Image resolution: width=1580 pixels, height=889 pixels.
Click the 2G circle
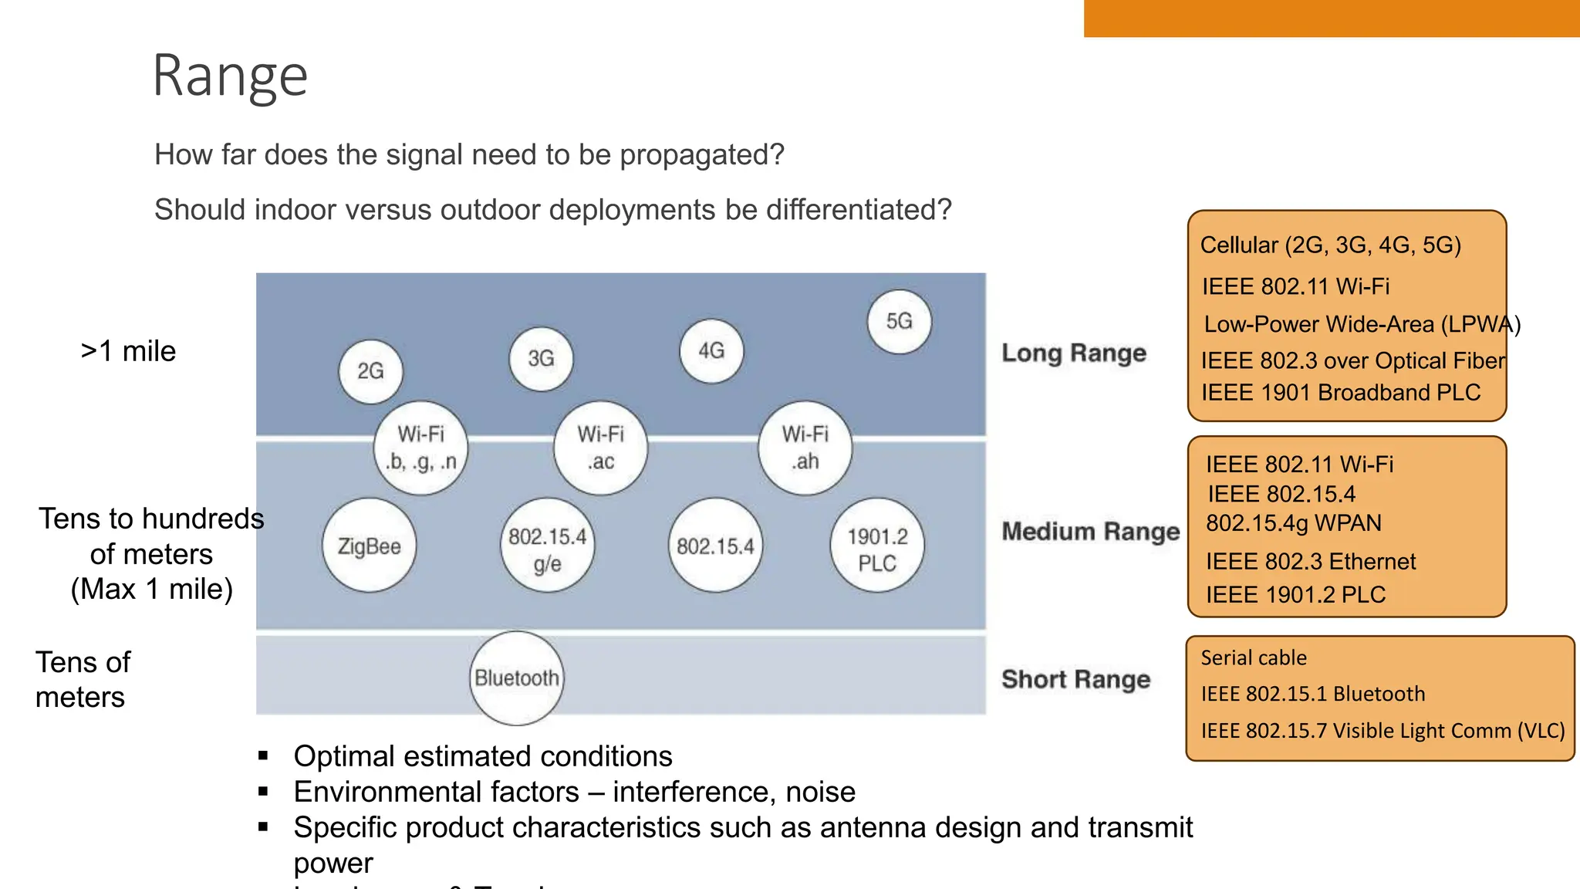pos(371,371)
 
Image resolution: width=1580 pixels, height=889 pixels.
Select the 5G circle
pos(899,321)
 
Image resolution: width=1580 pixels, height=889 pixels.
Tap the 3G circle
pos(541,358)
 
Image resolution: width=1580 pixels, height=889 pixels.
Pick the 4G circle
pos(711,351)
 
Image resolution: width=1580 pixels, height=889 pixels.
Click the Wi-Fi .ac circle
pos(600,448)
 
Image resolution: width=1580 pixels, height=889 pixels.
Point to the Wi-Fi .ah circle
pos(805,448)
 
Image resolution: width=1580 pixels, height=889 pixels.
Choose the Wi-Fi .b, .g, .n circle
pos(420,448)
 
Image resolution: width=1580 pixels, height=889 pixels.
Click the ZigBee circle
pos(369,546)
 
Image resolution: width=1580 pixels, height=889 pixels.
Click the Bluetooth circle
pos(516,678)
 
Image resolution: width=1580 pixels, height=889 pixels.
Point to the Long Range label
pos(1074,353)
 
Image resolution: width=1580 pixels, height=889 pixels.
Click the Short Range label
pos(1075,680)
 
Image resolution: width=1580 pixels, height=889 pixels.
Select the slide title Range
pos(230,76)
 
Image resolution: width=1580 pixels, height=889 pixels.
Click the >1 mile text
pos(128,351)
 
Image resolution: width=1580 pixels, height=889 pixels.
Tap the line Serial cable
pos(1253,658)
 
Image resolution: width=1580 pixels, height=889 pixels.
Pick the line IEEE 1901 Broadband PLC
pos(1340,393)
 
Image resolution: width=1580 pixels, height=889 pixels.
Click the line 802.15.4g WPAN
pos(1293,523)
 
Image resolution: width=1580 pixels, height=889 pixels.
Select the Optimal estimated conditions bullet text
pos(483,756)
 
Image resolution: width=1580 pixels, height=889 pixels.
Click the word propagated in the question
pos(701,155)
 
